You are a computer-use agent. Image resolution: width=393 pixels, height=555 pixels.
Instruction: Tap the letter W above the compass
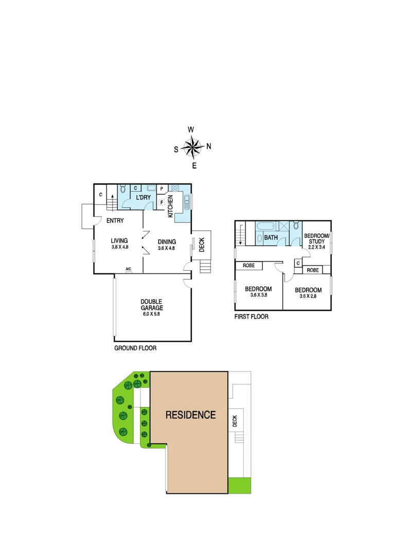coord(191,129)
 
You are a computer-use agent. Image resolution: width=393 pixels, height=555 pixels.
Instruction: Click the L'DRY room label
coord(142,198)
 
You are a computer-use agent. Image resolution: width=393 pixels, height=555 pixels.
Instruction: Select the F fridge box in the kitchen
coord(162,202)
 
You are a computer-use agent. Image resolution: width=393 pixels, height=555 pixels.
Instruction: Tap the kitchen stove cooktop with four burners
coord(174,188)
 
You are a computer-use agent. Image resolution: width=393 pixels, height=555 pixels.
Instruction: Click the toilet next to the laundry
coord(122,190)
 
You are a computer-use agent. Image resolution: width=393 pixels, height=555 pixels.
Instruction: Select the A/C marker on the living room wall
coord(129,269)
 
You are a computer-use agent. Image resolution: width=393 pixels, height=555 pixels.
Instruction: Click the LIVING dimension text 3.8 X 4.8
coord(119,247)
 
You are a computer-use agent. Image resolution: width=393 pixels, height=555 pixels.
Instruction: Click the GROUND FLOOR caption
coord(135,348)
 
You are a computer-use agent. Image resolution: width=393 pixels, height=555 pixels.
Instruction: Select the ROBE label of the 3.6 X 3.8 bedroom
coord(249,266)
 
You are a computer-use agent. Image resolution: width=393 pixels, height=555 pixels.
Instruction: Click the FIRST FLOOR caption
coord(251,317)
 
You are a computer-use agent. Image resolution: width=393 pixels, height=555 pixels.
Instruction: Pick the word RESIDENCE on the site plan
coord(190,415)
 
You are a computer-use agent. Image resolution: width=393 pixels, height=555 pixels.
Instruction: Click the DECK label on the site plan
coord(235,421)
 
